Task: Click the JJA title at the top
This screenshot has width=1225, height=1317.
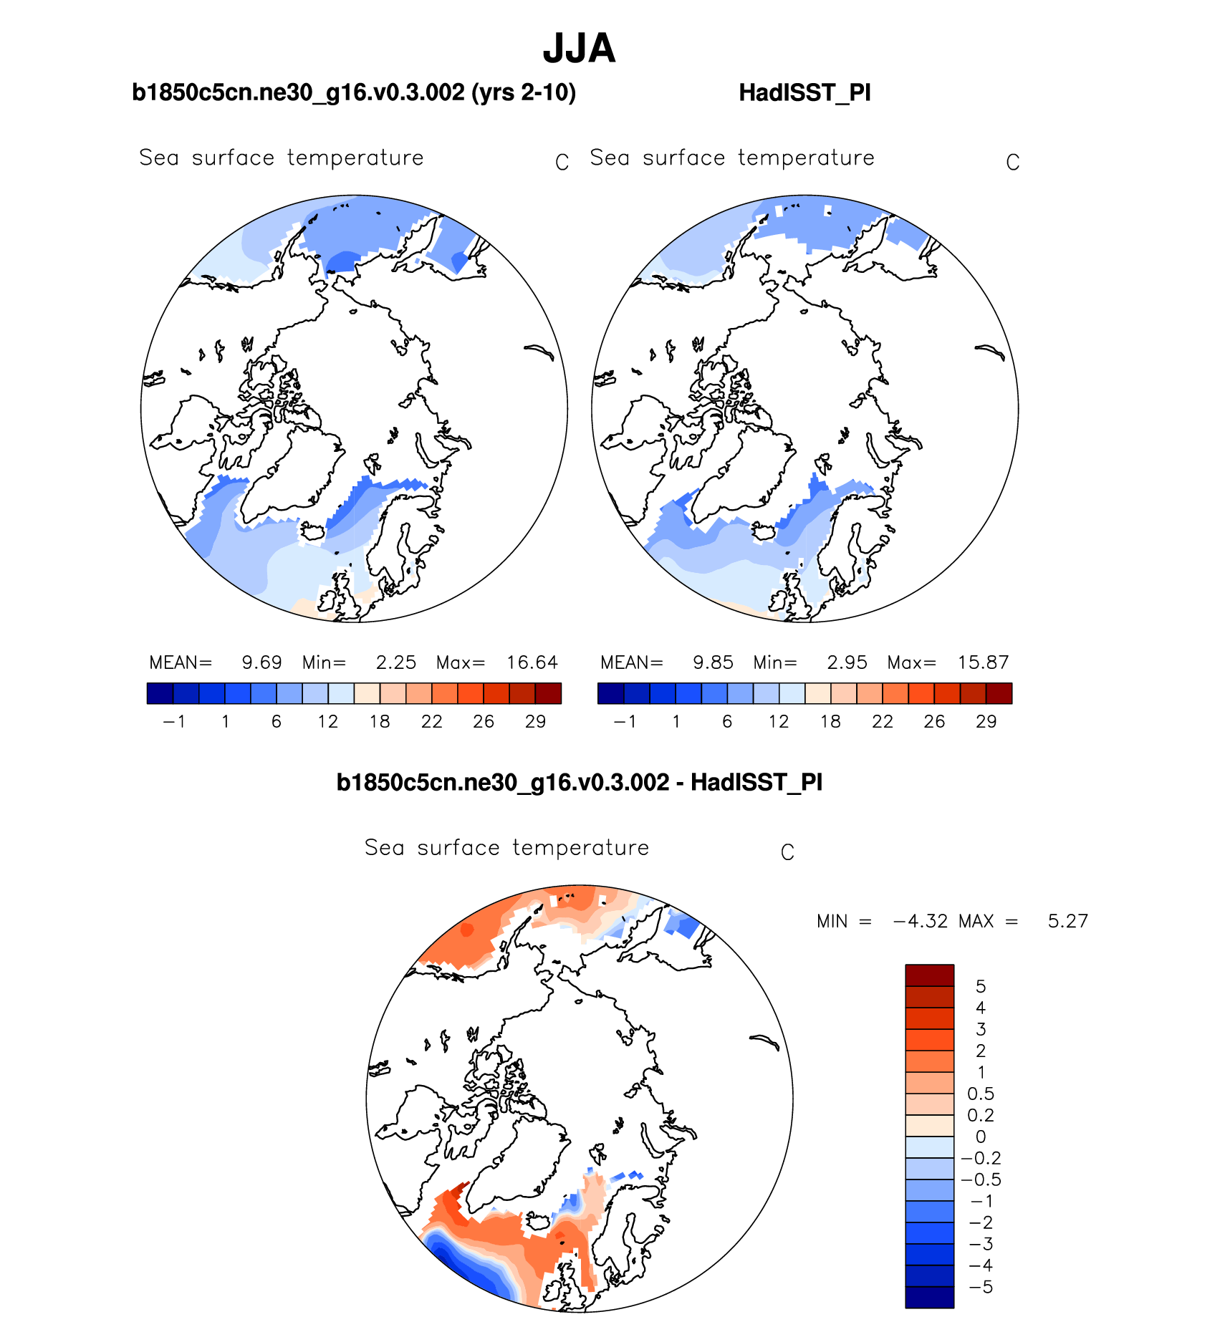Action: pos(579,49)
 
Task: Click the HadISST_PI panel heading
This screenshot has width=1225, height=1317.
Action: pos(804,93)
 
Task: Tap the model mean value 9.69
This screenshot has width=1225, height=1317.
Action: pos(261,662)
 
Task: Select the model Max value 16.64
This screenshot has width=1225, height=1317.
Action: pos(532,662)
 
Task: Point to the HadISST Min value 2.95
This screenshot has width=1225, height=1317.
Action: pos(847,662)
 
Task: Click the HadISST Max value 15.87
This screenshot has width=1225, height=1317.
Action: pos(983,662)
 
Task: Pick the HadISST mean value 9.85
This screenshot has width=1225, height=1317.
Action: pos(713,662)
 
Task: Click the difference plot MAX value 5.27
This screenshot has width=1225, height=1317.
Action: pos(1067,921)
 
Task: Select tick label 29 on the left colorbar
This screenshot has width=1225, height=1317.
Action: pos(535,722)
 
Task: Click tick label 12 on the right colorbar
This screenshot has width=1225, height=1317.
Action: pos(779,722)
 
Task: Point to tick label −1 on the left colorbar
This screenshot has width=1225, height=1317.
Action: pos(174,722)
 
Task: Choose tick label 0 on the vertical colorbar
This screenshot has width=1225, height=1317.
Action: pos(981,1137)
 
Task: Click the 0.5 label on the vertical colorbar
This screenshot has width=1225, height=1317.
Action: pos(981,1094)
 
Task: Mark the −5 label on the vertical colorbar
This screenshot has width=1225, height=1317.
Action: pos(981,1287)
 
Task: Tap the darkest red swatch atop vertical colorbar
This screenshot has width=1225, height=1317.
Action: pos(929,975)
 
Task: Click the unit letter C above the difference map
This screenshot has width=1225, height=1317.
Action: pos(787,852)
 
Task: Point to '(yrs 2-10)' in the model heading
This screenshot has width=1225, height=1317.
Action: pos(524,93)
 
